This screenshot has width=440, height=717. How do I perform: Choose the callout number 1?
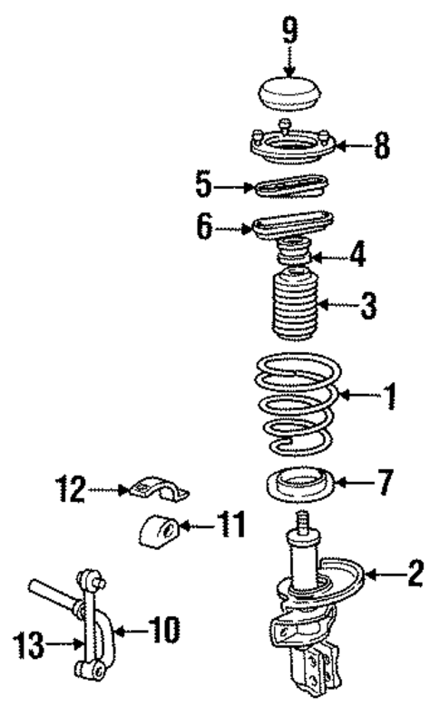[x=389, y=396]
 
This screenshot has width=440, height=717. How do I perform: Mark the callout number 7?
[x=386, y=483]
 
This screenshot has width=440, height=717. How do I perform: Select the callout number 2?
[x=414, y=572]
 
